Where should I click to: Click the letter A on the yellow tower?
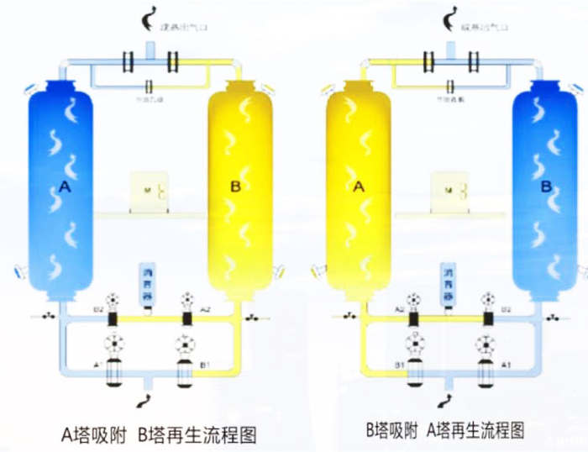[359, 187]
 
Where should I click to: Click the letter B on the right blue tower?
[546, 187]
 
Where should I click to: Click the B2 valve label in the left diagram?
[97, 310]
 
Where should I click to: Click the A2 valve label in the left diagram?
[205, 310]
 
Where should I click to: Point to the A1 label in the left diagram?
[97, 364]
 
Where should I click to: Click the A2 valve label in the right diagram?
[400, 310]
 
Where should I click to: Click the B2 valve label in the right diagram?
[506, 310]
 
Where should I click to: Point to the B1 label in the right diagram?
[400, 364]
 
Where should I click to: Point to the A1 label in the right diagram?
[506, 364]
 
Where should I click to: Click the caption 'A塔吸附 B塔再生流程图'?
[158, 434]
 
